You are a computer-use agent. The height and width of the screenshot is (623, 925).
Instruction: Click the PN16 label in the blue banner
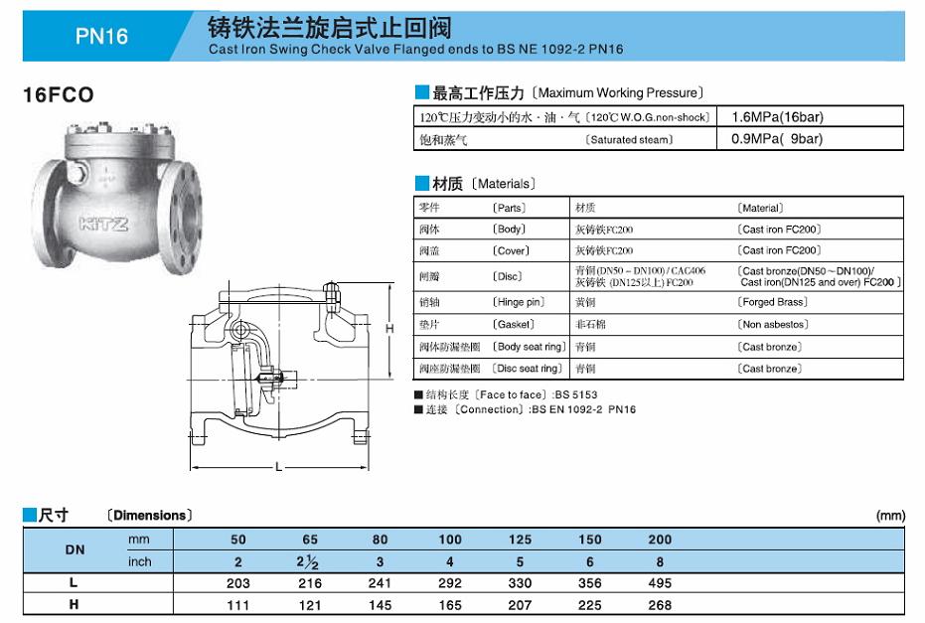(x=101, y=37)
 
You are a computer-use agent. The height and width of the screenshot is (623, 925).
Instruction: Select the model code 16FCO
(x=59, y=95)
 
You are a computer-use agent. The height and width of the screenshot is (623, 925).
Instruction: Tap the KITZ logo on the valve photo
(x=103, y=225)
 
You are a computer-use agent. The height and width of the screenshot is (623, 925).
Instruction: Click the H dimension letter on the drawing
(x=389, y=329)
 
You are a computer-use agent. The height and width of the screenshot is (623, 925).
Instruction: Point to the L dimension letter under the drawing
(x=278, y=467)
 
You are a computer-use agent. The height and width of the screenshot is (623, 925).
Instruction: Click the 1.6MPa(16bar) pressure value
(x=777, y=117)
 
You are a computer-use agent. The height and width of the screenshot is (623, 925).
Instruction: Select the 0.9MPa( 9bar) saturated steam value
(x=777, y=139)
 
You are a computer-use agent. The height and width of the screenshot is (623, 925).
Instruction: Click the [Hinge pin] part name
(x=519, y=302)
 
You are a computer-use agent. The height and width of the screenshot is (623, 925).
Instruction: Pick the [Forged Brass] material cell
(x=772, y=302)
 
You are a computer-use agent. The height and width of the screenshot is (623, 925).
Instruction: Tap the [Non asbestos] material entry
(x=773, y=325)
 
